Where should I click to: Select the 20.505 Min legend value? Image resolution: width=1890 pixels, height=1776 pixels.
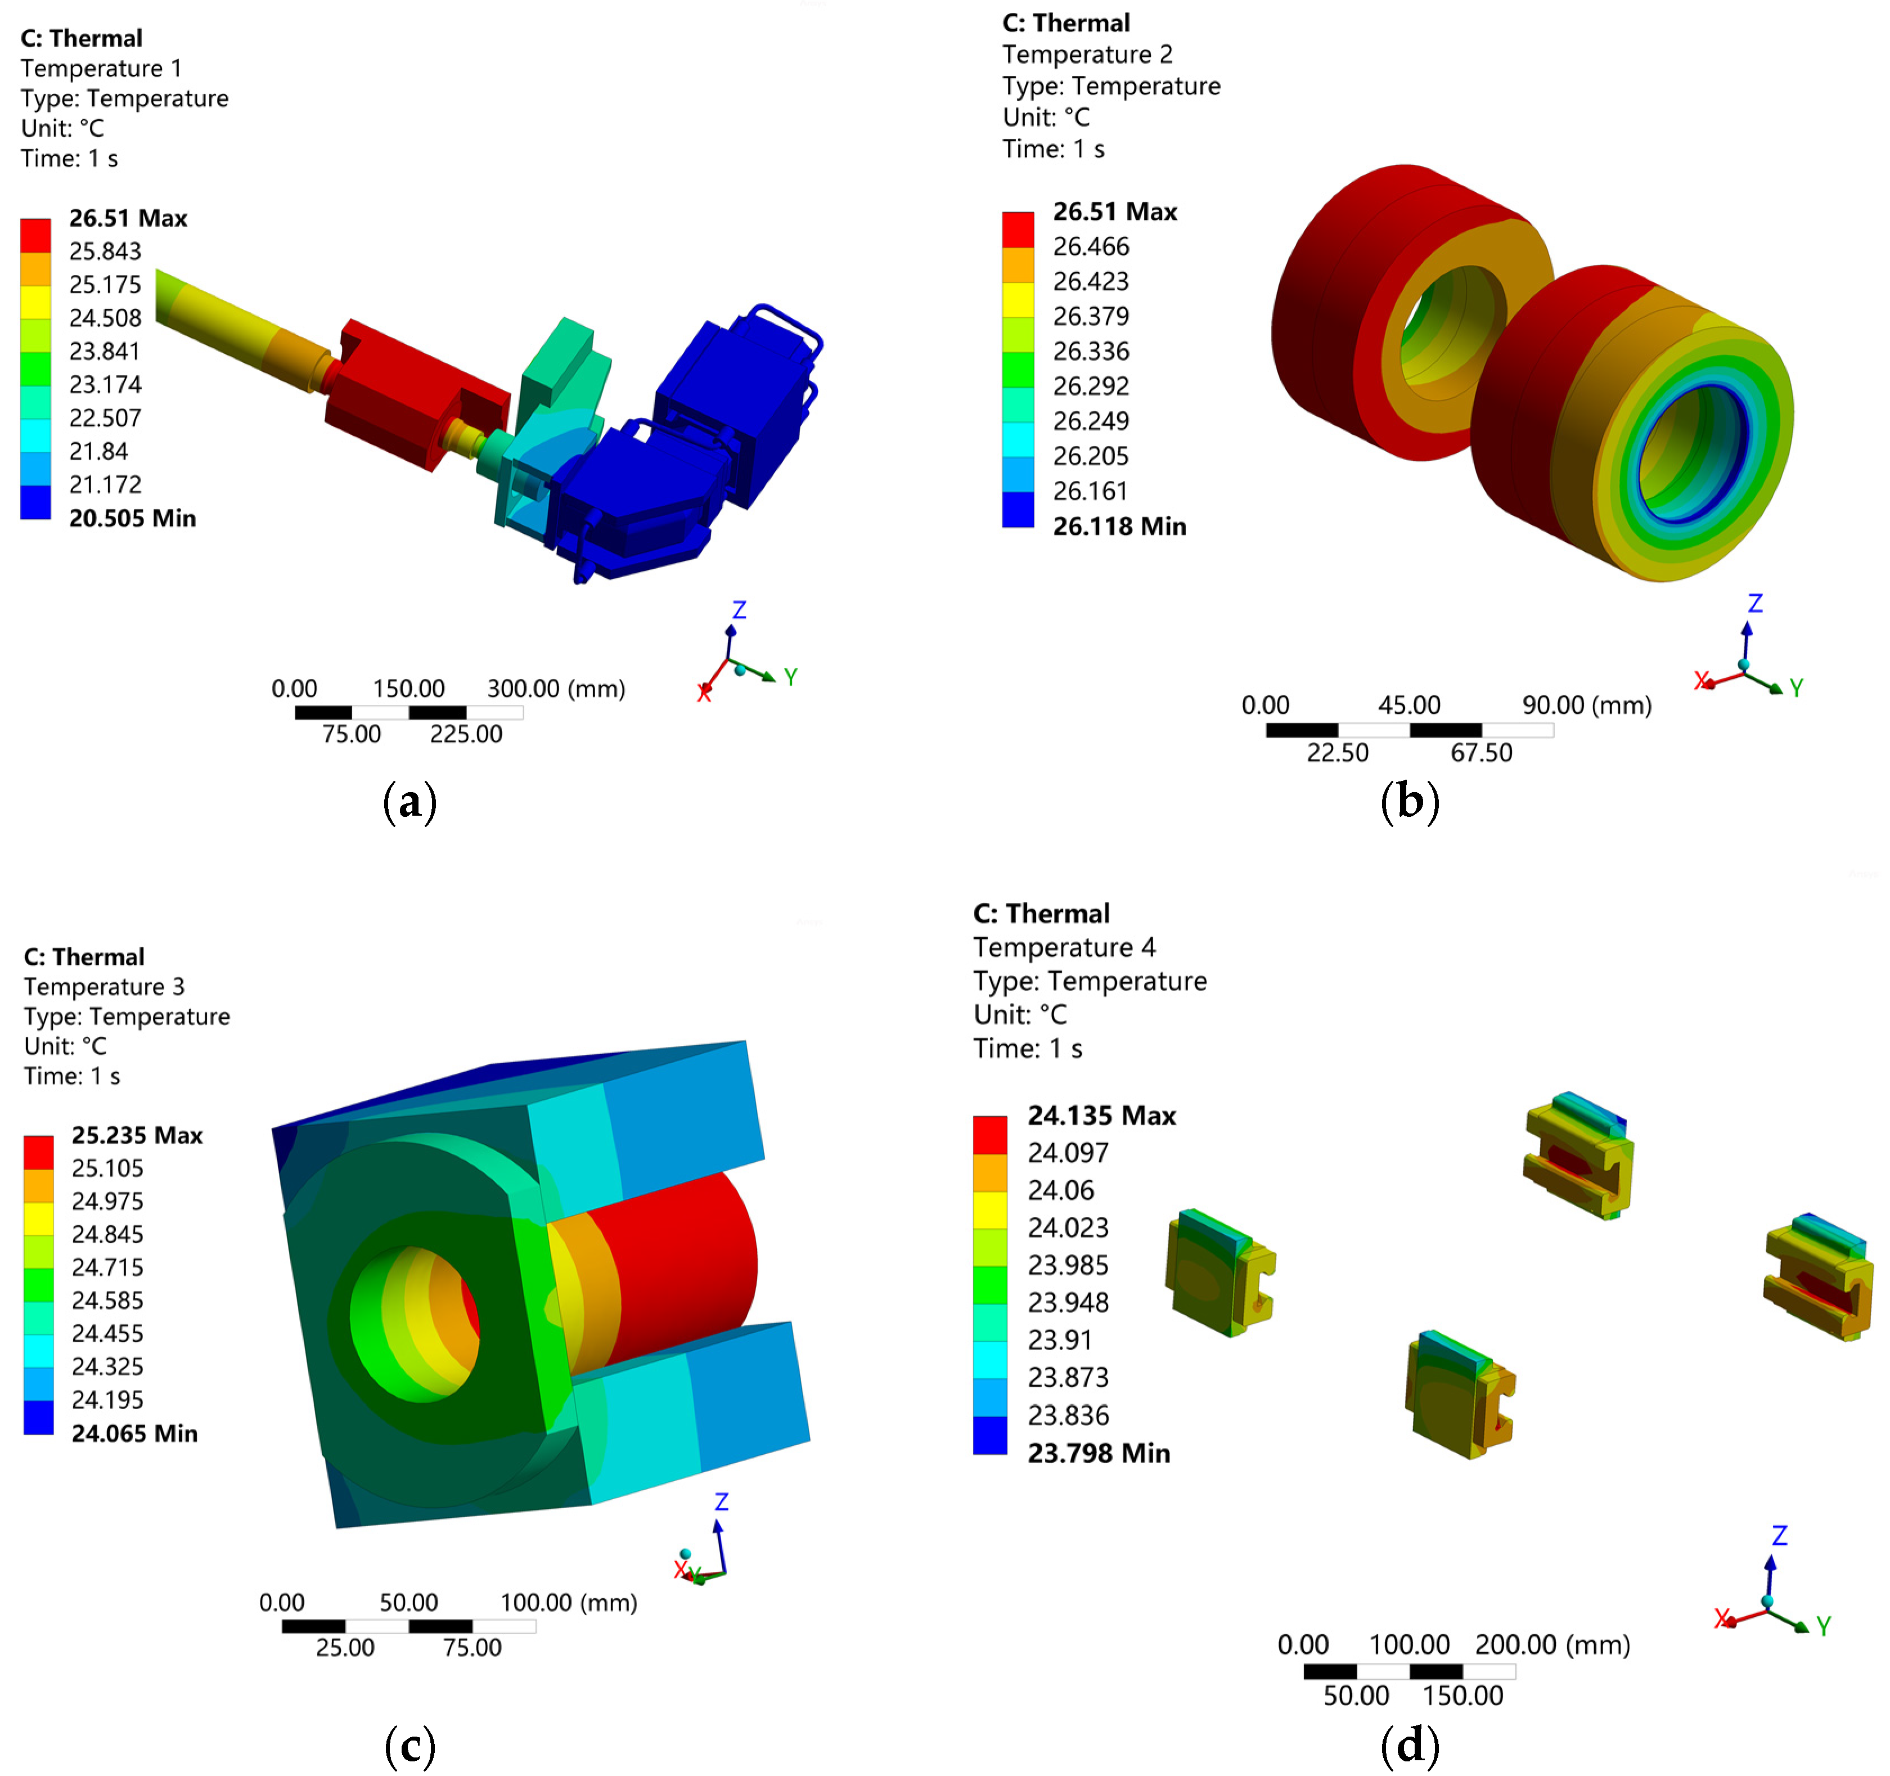(x=132, y=518)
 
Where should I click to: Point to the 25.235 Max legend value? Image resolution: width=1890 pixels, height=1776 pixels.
(x=137, y=1135)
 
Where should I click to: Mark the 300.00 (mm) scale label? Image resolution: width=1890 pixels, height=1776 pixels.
(x=556, y=689)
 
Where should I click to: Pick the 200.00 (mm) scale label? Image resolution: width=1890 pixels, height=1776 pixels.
(x=1552, y=1645)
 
